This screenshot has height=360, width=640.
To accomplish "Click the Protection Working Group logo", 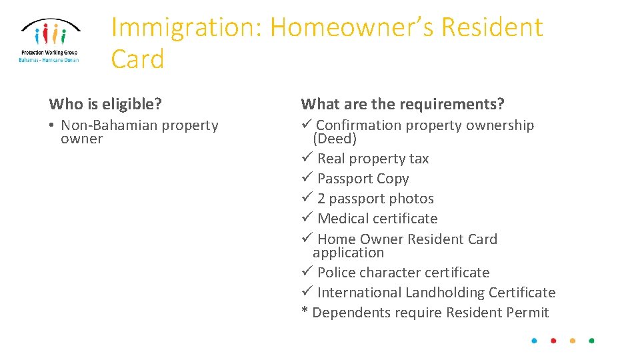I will click(49, 40).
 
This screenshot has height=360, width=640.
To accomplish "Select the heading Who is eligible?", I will click(105, 104).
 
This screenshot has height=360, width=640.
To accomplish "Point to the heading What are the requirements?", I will click(403, 104).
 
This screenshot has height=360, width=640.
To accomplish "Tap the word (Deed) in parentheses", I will click(335, 139).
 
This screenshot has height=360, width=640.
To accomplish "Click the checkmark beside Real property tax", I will click(306, 158).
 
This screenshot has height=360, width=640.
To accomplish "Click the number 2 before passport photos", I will click(321, 199).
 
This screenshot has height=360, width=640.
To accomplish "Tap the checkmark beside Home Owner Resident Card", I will click(306, 238).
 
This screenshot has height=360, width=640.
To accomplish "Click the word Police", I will click(337, 273).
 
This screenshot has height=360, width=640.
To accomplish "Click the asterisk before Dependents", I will click(305, 311).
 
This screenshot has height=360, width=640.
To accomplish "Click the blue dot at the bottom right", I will click(534, 341).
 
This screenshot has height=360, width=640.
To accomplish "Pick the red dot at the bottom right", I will click(553, 341).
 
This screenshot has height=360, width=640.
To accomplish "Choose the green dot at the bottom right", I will click(591, 341).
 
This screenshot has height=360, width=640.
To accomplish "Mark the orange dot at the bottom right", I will click(573, 341).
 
